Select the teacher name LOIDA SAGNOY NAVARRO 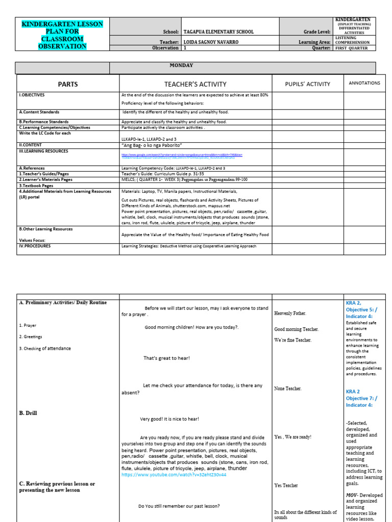[212, 42]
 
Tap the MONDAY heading [181, 65]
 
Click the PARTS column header [68, 84]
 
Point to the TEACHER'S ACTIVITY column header [195, 84]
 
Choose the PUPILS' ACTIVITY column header [307, 84]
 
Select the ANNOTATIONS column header [364, 83]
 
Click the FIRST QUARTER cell [354, 48]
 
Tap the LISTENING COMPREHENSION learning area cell [354, 40]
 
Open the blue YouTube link [174, 475]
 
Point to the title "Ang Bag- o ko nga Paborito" [152, 145]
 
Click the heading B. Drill [28, 413]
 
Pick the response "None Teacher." [288, 388]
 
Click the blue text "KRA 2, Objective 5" [364, 306]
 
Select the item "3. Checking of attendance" [45, 349]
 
